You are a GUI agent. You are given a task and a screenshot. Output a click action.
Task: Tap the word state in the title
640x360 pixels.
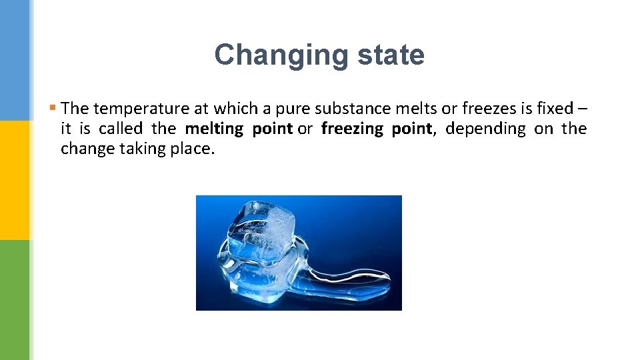pyautogui.click(x=391, y=55)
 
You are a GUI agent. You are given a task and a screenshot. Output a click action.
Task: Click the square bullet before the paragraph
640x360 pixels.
pyautogui.click(x=53, y=107)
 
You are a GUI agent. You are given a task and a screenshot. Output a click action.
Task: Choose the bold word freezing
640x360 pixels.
pyautogui.click(x=352, y=129)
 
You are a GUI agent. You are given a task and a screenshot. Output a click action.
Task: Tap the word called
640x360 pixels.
pyautogui.click(x=121, y=129)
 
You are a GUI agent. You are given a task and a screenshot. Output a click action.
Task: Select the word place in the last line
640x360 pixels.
pyautogui.click(x=193, y=149)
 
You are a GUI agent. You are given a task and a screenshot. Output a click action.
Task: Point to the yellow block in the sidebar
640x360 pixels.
pyautogui.click(x=15, y=180)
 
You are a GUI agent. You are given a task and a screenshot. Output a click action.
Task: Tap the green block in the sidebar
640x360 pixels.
pyautogui.click(x=15, y=300)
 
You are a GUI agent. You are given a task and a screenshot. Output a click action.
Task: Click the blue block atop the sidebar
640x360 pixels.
pyautogui.click(x=15, y=60)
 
